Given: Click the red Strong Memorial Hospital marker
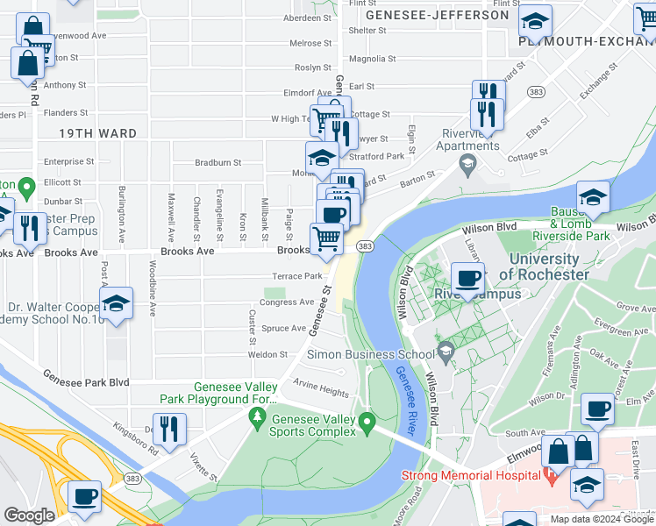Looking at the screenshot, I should click(551, 476).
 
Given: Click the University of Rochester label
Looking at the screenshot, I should click(544, 267).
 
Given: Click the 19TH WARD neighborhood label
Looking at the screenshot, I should click(98, 133).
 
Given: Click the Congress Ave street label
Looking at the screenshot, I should click(286, 302).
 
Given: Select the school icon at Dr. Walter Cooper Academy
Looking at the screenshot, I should click(116, 303).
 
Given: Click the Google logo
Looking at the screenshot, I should click(30, 515).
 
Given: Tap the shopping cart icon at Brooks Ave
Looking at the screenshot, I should click(326, 238).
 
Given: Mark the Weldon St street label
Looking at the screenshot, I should click(271, 354).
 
